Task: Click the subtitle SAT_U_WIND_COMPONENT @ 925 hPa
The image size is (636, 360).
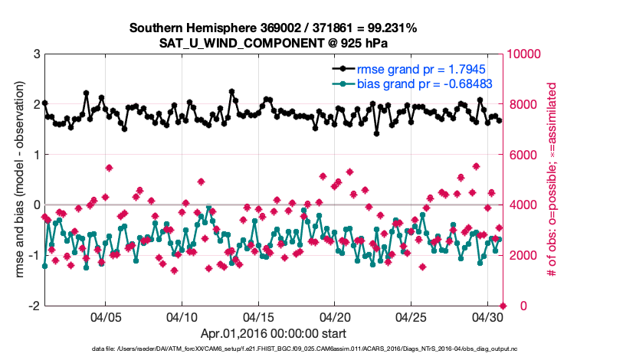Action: pyautogui.click(x=273, y=43)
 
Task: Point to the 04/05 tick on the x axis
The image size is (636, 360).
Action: pyautogui.click(x=105, y=316)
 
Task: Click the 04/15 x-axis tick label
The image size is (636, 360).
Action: pyautogui.click(x=258, y=316)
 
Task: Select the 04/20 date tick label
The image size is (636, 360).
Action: pyautogui.click(x=335, y=316)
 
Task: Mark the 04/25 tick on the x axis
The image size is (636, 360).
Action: pyautogui.click(x=411, y=316)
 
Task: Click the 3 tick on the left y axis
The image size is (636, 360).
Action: pyautogui.click(x=36, y=54)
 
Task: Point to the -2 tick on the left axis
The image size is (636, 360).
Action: pyautogui.click(x=33, y=306)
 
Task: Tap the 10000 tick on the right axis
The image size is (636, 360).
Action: pyautogui.click(x=526, y=54)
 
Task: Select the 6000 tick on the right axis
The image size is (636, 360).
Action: pyautogui.click(x=523, y=155)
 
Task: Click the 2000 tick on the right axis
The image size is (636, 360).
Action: pyautogui.click(x=523, y=255)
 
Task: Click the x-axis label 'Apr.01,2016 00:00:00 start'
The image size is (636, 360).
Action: pyautogui.click(x=273, y=333)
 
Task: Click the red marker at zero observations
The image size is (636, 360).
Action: pyautogui.click(x=503, y=306)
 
